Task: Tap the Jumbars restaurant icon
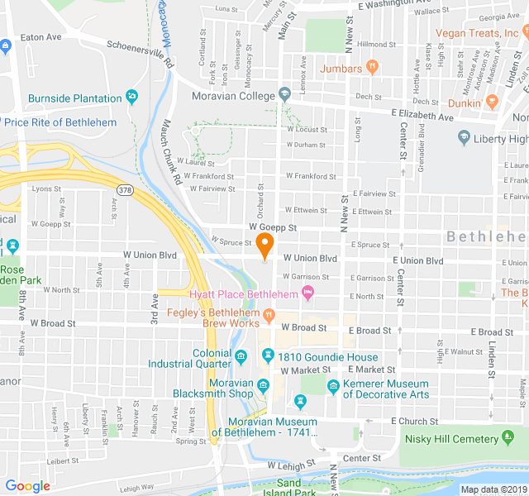(372, 67)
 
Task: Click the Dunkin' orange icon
(493, 102)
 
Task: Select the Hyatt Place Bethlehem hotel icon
(307, 293)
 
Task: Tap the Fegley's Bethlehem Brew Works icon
(269, 315)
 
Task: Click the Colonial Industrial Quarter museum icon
(241, 357)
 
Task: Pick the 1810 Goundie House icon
(268, 356)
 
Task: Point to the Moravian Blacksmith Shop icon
(263, 386)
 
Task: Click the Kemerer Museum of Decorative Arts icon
(333, 386)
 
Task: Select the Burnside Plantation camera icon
(132, 98)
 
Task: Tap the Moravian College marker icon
(285, 94)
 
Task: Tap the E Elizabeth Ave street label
(422, 117)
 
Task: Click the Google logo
(27, 486)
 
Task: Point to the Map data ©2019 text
(493, 489)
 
